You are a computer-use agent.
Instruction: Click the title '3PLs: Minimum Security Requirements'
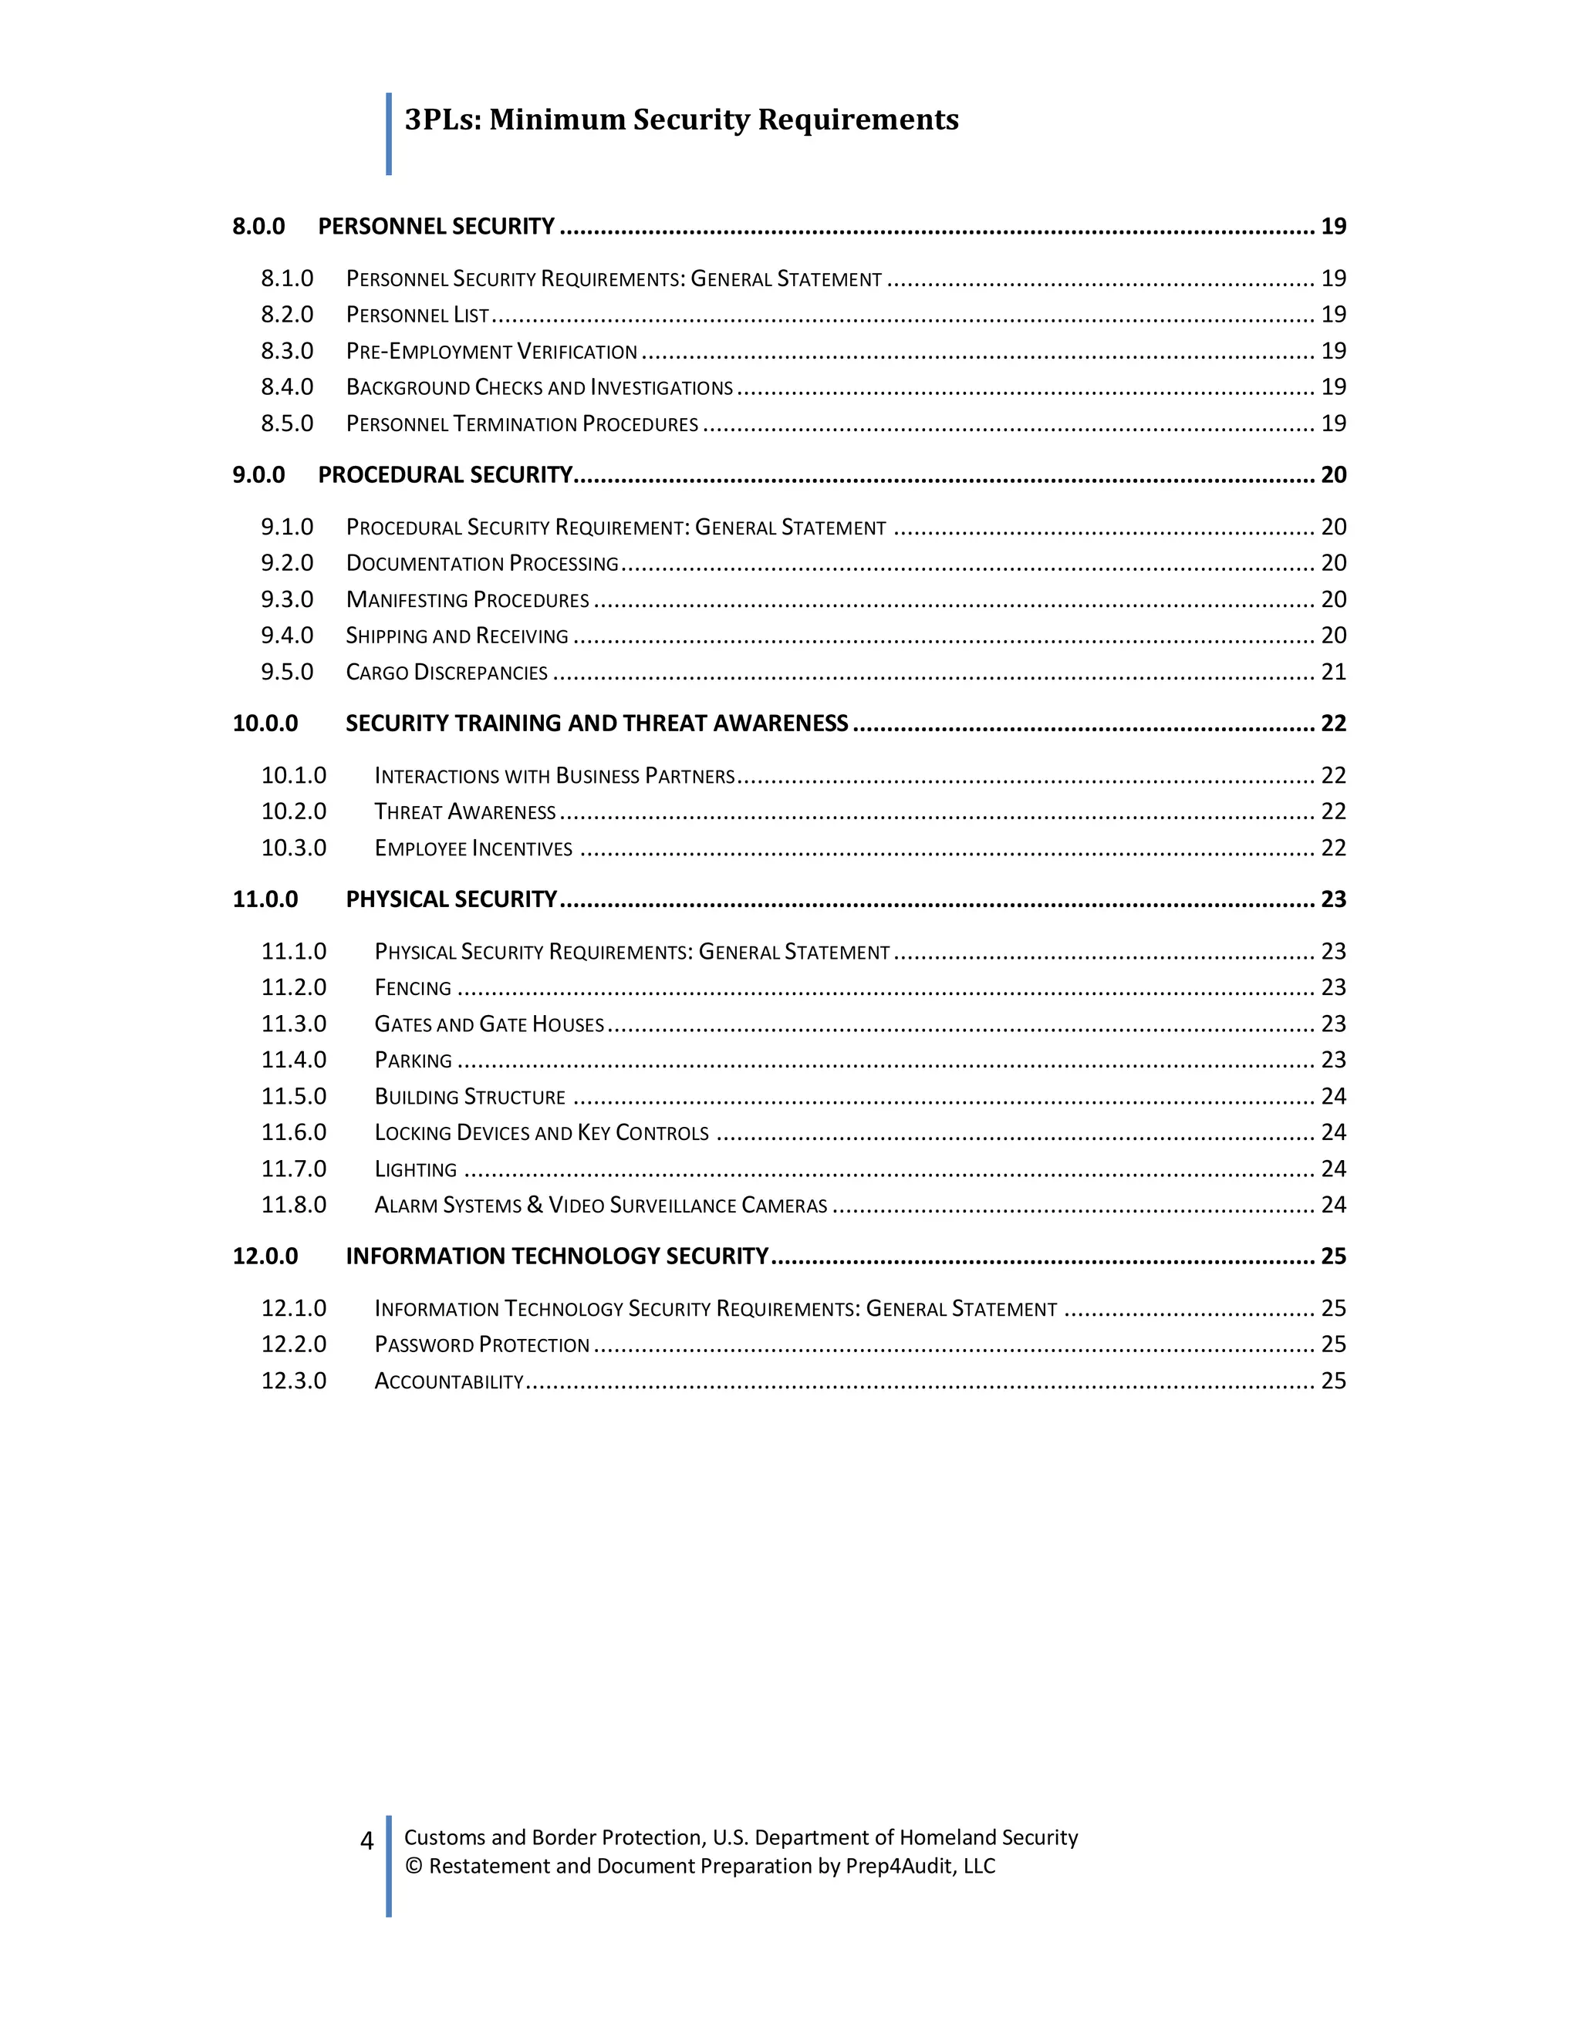680,120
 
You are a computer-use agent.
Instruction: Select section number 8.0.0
258,227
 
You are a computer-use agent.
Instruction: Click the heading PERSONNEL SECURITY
436,227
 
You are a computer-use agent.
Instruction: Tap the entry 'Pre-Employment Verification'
491,352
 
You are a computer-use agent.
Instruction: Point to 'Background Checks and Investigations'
539,387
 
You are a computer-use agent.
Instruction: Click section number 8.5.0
286,424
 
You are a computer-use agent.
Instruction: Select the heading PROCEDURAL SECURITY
444,475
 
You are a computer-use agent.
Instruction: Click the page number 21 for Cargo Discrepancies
1333,672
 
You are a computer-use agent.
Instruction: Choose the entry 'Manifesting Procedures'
467,600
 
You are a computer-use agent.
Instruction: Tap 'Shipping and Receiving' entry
457,636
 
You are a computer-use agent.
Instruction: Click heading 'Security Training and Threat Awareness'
596,723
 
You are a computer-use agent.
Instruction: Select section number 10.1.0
293,776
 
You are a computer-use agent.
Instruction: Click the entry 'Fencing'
413,988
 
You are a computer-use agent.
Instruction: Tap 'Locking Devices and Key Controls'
541,1133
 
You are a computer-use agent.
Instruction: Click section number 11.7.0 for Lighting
293,1169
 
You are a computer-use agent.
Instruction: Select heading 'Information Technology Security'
557,1256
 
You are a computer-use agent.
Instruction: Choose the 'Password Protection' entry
481,1345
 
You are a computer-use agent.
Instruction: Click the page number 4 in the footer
367,1841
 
